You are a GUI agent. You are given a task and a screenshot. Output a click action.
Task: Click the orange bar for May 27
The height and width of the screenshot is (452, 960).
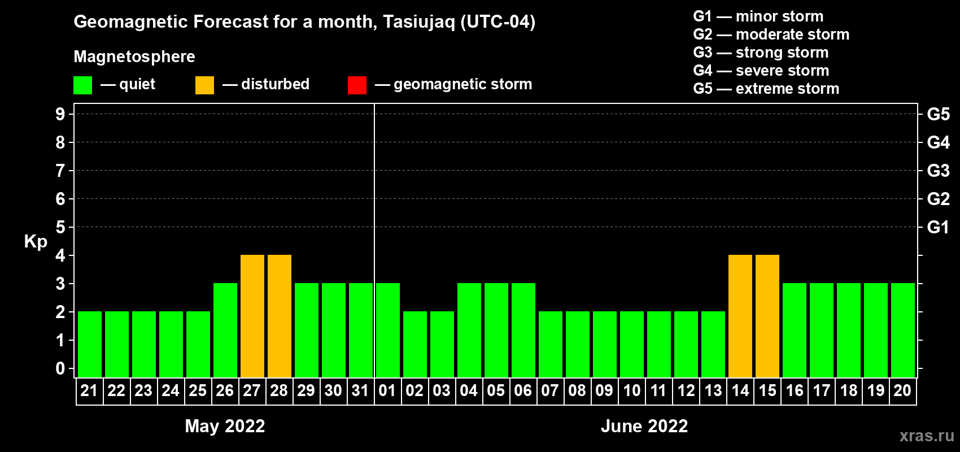pos(252,316)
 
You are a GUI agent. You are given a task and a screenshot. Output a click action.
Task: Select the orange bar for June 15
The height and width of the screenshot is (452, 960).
pos(767,316)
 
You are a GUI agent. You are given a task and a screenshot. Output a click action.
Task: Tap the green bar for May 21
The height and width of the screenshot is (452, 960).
pos(90,344)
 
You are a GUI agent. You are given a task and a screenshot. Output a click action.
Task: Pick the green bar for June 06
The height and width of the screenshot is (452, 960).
pos(523,330)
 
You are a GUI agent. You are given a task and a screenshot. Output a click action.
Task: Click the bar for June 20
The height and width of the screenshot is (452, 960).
pos(903,330)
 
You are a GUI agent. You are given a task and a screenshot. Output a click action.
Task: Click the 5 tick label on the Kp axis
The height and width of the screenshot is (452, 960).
pos(60,227)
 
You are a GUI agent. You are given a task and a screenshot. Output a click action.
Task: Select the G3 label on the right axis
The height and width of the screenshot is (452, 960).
pos(939,171)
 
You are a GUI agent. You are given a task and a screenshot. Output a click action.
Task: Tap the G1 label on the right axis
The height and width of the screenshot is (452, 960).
pos(939,227)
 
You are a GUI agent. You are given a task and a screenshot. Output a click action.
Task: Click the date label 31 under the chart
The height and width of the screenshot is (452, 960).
pos(360,390)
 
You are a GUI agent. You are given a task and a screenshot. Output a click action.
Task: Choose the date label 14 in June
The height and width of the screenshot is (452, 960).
pos(740,390)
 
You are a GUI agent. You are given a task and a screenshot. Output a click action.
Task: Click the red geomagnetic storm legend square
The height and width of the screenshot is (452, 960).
pos(357,85)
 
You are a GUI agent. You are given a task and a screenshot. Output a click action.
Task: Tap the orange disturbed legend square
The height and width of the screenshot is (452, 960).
pos(204,85)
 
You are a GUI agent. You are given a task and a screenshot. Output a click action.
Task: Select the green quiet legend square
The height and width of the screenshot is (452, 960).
pos(82,85)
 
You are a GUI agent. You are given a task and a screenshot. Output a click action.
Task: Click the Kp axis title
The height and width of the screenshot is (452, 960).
pos(36,242)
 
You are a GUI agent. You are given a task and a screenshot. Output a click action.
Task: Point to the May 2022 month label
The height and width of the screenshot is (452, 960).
pos(225,426)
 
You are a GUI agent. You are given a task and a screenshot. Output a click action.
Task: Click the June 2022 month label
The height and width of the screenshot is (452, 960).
pos(644,426)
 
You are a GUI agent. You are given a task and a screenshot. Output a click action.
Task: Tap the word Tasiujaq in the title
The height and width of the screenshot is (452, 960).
pos(418,22)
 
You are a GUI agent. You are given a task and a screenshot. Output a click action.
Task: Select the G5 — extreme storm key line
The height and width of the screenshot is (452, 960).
pos(766,89)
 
